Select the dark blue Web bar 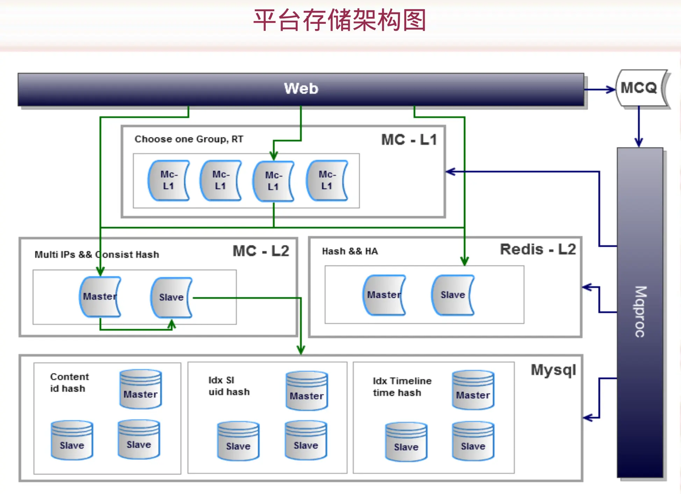click(301, 89)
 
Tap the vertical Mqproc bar click(640, 312)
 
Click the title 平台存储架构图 click(340, 20)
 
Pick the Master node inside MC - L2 click(100, 297)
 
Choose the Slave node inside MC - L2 click(171, 297)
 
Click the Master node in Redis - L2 click(384, 295)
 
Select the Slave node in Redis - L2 click(453, 295)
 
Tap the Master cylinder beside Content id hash click(141, 389)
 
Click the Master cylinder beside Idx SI click(307, 390)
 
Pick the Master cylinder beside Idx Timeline click(473, 390)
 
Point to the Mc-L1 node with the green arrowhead click(273, 181)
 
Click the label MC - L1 click(409, 140)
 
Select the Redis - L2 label click(538, 249)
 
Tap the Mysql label click(553, 370)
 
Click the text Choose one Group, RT click(189, 139)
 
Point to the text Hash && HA click(350, 251)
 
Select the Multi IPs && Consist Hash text click(97, 254)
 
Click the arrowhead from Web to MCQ click(611, 90)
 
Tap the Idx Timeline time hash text click(402, 387)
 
